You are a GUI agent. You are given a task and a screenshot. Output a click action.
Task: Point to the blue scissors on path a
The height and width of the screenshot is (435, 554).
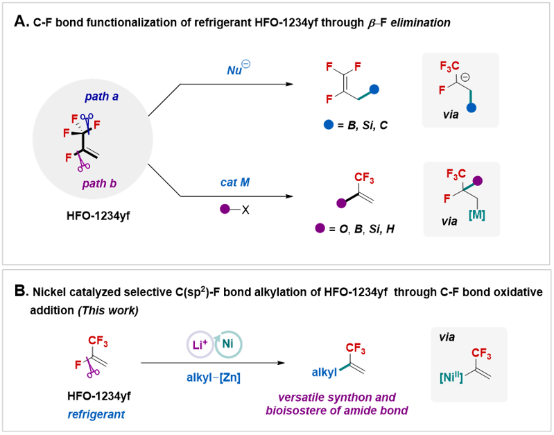(87, 118)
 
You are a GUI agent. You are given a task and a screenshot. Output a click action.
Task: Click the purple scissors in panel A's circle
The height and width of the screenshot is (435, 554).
(84, 164)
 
